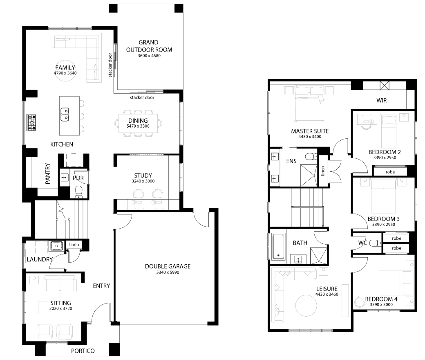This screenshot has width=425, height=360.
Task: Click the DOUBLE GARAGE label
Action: pos(168,266)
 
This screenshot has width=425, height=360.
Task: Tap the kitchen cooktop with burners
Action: pos(31,123)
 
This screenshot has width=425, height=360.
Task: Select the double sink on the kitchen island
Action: pos(65,115)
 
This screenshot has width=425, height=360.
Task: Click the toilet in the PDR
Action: pos(78,192)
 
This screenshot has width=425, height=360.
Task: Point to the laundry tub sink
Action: pos(56,246)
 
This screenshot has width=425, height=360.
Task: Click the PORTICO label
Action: pos(83,351)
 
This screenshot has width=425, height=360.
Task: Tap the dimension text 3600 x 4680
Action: pos(149,56)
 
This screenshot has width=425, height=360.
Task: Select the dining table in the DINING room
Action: pos(138,123)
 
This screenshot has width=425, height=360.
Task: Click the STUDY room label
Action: pos(143,175)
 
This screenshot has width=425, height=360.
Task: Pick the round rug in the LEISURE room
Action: pos(306,306)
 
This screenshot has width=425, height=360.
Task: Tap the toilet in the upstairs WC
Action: pos(375,243)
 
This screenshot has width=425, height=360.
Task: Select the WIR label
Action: pos(382,100)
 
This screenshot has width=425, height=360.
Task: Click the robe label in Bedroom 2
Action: pos(390,172)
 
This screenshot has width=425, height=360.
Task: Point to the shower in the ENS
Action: pos(309,175)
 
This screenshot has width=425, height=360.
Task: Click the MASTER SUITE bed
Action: pos(309,104)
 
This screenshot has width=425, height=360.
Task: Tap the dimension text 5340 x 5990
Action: pos(168,272)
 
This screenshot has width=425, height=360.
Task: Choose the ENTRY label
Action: pos(101,286)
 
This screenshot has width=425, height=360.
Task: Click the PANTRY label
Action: pos(48,173)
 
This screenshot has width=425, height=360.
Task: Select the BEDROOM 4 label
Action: pos(381,299)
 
